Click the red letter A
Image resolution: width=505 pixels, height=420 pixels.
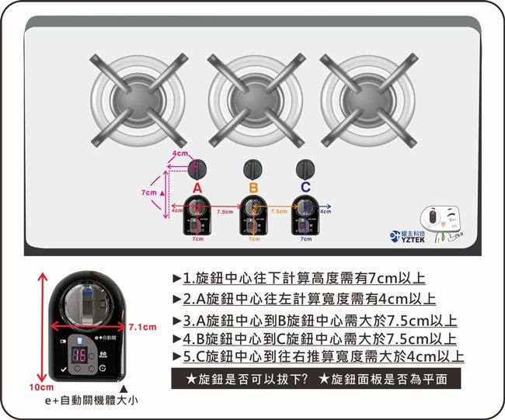[197, 188]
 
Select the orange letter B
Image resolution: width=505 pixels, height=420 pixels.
[253, 188]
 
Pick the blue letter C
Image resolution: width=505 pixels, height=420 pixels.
[305, 188]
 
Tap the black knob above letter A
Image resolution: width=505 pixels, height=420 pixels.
[197, 168]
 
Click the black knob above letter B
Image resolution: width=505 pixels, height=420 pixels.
[253, 168]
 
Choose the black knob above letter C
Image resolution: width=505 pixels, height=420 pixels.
[305, 168]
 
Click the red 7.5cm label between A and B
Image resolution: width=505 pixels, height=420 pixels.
[225, 211]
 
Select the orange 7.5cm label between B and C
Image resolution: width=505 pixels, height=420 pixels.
[279, 211]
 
